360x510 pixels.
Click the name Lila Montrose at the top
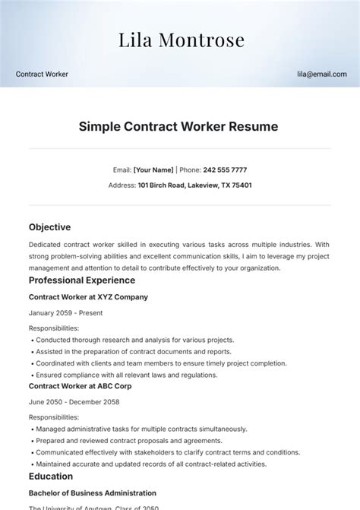[180, 40]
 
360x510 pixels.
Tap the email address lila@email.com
[322, 74]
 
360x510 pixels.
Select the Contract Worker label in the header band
[42, 74]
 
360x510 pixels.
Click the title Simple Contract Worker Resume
[179, 126]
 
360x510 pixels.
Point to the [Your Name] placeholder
[153, 170]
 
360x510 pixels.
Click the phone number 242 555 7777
[225, 170]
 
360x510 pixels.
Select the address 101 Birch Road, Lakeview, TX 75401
[194, 185]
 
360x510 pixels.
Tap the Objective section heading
[49, 227]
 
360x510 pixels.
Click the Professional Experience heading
[81, 280]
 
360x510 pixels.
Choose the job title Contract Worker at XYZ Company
[88, 297]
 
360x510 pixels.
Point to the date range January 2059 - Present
[65, 312]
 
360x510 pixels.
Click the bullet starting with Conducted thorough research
[134, 340]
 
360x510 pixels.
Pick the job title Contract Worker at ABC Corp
[81, 386]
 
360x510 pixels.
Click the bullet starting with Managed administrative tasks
[141, 429]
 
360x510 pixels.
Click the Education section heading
[51, 477]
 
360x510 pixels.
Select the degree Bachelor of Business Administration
[92, 493]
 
